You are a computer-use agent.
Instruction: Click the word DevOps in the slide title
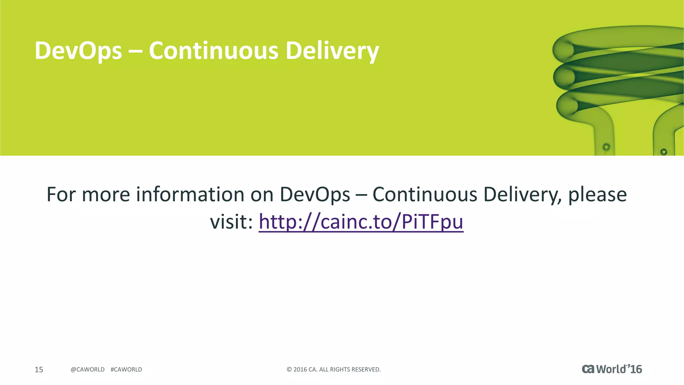coord(78,51)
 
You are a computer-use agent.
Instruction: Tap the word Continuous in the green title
coord(213,51)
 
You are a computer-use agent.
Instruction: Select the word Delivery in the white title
coord(332,51)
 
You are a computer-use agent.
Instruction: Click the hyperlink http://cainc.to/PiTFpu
coord(361,221)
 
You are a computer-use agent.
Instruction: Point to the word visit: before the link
coord(231,221)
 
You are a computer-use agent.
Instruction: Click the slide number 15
coord(39,369)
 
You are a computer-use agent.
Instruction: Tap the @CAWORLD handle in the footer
coord(88,369)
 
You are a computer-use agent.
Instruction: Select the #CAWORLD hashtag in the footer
coord(126,369)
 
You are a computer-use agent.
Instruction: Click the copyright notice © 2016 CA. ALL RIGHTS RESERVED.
coord(334,369)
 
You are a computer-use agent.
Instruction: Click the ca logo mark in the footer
coord(588,369)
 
